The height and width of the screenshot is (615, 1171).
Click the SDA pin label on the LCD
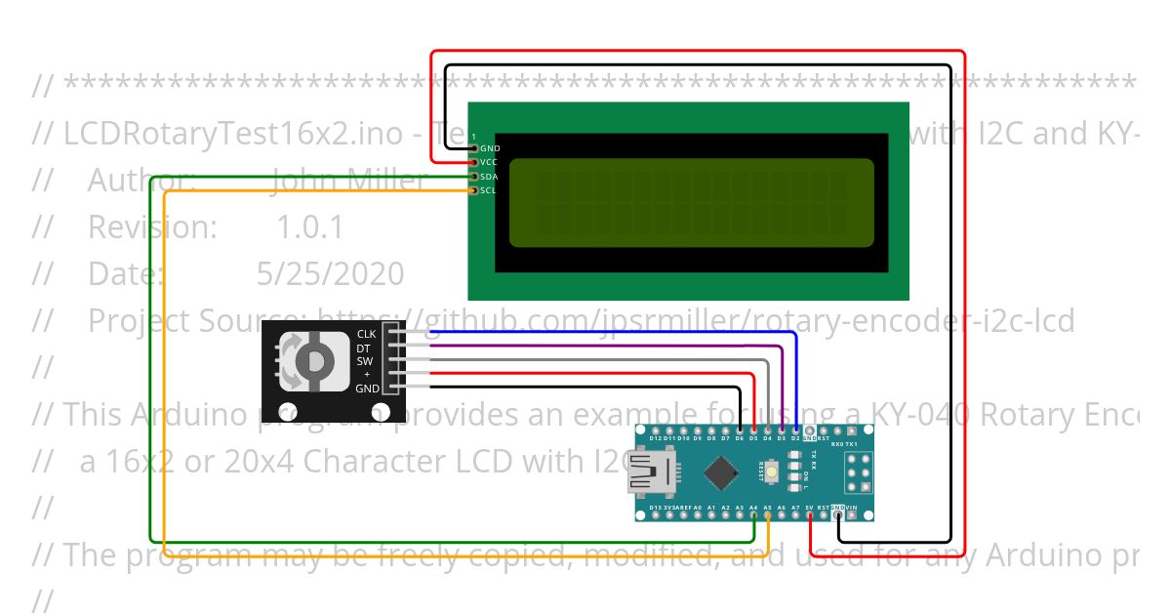point(489,177)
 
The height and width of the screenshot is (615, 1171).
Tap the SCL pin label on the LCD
point(489,190)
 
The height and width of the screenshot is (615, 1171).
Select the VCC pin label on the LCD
point(489,162)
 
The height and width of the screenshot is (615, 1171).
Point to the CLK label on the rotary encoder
point(366,334)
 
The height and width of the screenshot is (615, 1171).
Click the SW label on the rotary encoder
point(365,361)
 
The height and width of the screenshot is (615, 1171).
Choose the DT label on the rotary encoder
point(363,348)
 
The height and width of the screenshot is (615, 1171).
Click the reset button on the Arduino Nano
point(773,474)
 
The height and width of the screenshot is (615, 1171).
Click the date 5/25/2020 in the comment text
point(330,273)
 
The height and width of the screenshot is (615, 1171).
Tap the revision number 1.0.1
point(310,227)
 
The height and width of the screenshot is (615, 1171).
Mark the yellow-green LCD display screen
point(691,202)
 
